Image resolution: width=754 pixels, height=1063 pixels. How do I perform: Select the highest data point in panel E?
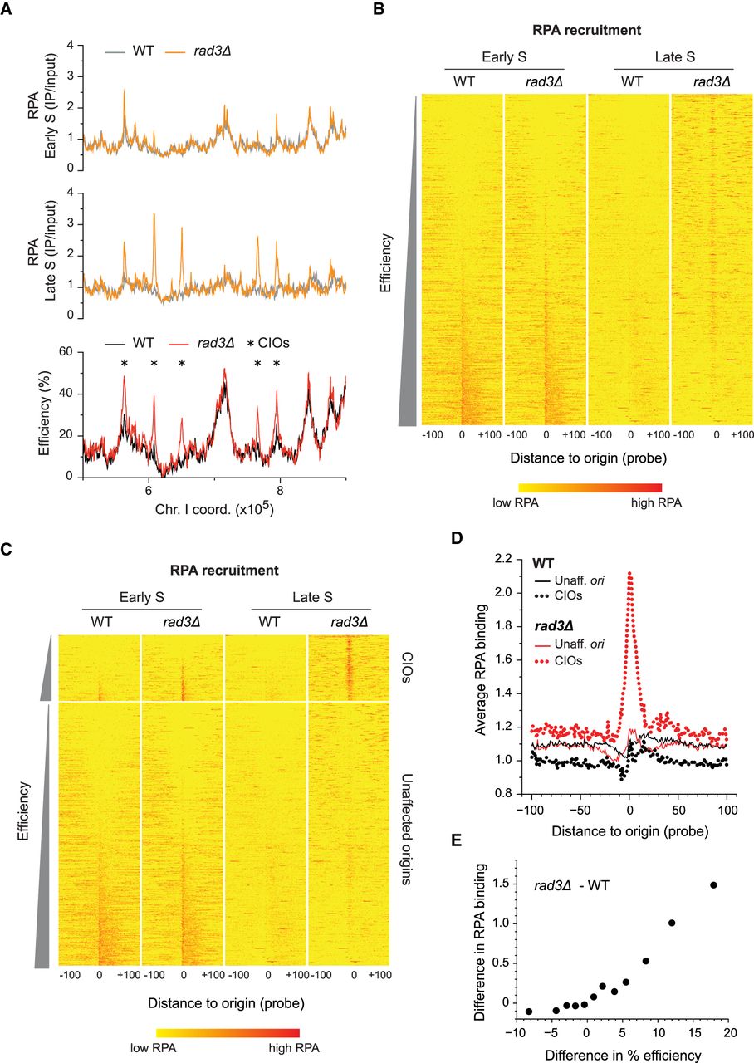(x=714, y=884)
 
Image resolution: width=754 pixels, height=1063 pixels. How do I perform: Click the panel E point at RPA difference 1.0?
(x=672, y=923)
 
